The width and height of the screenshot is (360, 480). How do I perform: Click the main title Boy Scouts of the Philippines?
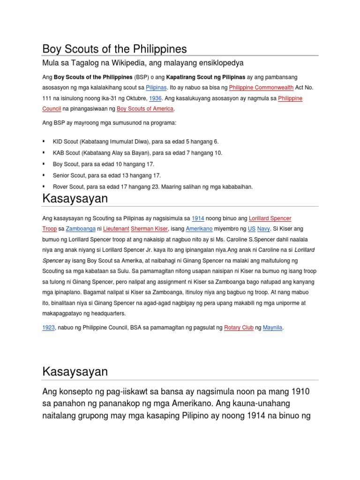point(114,49)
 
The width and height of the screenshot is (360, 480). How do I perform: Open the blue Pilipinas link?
point(156,88)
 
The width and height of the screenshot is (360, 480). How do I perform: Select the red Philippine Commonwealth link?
point(261,88)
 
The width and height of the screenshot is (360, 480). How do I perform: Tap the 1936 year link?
point(155,98)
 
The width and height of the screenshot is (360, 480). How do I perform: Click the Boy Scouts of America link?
point(145,109)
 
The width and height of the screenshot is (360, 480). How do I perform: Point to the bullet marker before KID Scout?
point(44,141)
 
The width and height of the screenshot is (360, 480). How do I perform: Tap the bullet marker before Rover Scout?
point(44,187)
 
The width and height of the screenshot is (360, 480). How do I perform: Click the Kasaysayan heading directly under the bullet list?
point(75,199)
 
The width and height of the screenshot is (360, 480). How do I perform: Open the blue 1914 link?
point(198,218)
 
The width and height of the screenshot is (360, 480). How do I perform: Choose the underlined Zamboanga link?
point(81,229)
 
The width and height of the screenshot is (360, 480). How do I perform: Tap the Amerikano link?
point(199,229)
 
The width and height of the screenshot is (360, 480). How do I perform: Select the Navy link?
point(264,229)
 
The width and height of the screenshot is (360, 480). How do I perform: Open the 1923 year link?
point(49,328)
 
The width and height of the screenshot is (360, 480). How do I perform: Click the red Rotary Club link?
point(239,328)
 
